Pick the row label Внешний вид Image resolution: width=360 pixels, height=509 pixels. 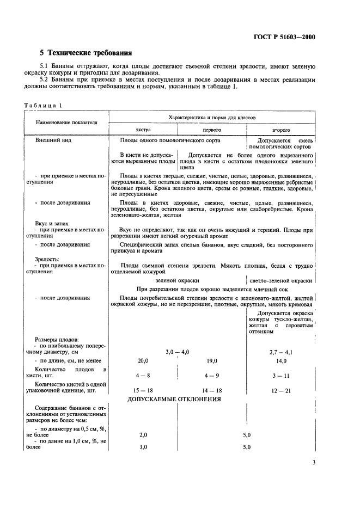[x=53, y=140]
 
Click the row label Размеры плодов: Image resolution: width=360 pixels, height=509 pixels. [x=57, y=339]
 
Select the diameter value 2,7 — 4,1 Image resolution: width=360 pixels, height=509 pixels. [x=280, y=352]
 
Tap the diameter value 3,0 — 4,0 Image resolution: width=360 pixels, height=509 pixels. [x=177, y=352]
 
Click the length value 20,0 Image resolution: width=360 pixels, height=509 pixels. [x=143, y=361]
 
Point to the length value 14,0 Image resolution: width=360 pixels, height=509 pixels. [x=280, y=361]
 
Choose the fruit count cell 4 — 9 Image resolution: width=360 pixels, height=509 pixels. [x=212, y=375]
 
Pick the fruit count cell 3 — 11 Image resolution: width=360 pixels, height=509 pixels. [x=280, y=375]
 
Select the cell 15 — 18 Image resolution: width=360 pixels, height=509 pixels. [x=143, y=390]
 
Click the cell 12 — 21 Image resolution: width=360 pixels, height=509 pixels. [x=280, y=390]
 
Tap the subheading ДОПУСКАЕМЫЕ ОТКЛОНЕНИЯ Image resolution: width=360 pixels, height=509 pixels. [x=174, y=399]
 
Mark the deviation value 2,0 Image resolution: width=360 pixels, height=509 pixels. [x=143, y=435]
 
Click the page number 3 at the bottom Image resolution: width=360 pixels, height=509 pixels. [x=314, y=463]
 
